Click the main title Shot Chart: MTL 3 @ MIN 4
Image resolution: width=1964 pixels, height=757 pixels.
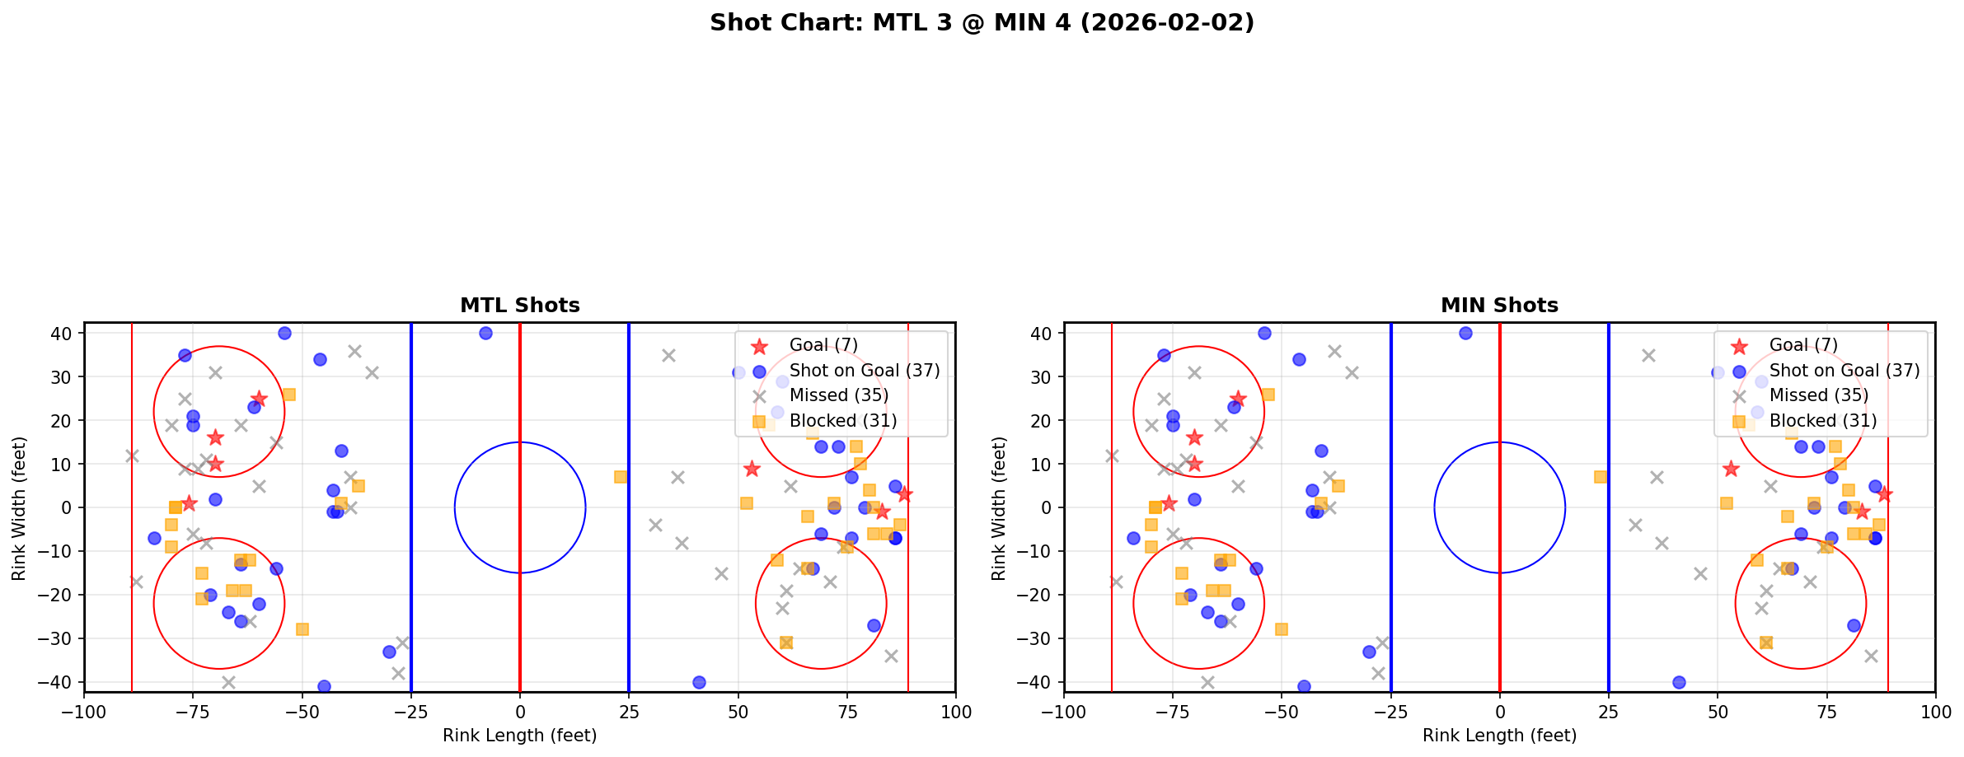982,23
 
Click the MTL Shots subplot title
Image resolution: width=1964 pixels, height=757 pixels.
520,306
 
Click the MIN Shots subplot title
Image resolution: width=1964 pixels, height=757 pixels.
1499,306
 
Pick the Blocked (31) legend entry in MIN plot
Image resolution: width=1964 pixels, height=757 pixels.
1822,421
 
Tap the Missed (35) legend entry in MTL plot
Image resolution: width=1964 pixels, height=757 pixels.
838,395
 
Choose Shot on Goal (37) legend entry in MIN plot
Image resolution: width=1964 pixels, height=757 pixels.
1844,371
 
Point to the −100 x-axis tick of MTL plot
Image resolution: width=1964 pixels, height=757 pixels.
84,712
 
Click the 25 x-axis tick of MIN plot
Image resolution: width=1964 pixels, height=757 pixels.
1608,712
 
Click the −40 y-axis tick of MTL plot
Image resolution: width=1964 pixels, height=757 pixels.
58,682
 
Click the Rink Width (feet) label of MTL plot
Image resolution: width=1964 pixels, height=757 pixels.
19,508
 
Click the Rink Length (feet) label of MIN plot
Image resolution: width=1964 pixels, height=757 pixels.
1499,736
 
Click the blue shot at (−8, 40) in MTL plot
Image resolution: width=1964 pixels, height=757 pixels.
485,333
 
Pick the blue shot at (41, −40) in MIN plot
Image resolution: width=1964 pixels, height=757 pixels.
1679,682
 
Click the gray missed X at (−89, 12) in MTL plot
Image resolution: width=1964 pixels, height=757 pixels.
132,456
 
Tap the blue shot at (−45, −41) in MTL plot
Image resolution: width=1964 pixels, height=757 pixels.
324,686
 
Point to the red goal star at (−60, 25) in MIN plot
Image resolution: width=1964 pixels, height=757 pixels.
1238,399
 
